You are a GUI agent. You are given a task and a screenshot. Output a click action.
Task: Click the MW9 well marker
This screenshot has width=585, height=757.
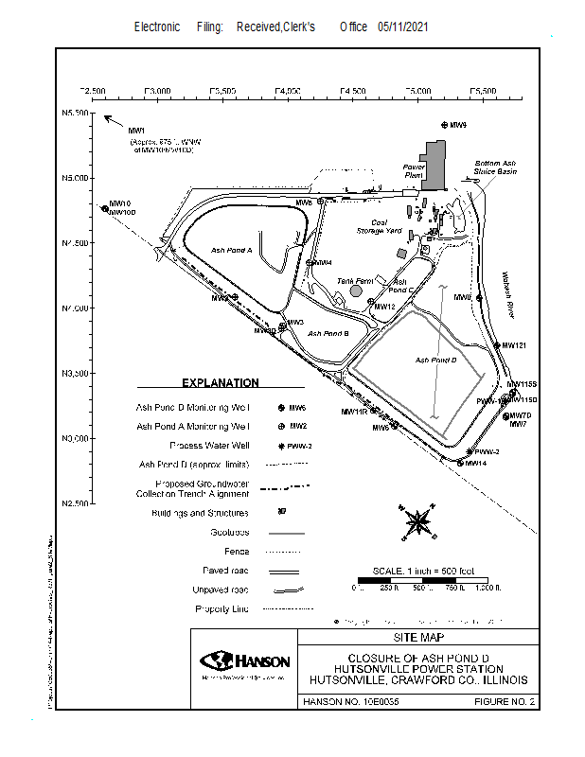point(445,125)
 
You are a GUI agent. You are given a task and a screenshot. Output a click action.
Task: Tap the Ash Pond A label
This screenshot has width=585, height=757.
point(232,251)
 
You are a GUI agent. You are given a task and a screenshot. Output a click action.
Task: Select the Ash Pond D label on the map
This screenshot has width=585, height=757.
point(436,360)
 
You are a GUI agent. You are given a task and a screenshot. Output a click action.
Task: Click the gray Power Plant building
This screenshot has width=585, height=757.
point(434,164)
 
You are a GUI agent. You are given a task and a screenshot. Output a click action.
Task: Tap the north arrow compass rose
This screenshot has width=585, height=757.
point(417,521)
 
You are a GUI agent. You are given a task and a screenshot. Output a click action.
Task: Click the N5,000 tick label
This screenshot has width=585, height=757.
point(74,178)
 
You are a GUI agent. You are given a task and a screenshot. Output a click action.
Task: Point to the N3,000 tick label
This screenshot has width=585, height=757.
point(74,439)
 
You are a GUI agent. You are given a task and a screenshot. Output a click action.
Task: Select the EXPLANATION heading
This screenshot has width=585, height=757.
point(220,383)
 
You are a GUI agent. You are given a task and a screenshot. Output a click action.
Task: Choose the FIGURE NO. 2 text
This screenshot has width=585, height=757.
point(505,702)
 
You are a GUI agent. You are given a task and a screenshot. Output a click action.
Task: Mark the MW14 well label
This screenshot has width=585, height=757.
point(475,463)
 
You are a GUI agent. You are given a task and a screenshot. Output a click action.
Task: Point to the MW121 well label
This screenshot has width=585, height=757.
point(514,345)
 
